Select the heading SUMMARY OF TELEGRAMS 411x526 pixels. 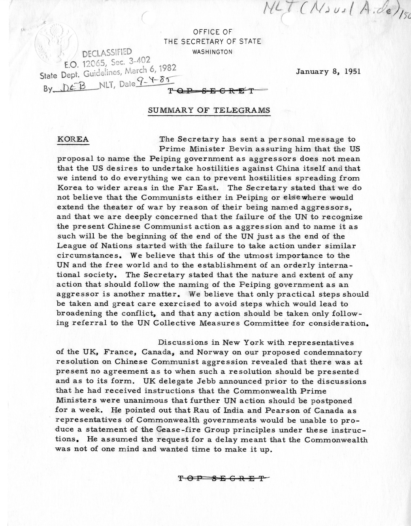click(209, 110)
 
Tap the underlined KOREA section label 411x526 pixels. click(73, 140)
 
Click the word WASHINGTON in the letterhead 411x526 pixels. click(212, 52)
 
